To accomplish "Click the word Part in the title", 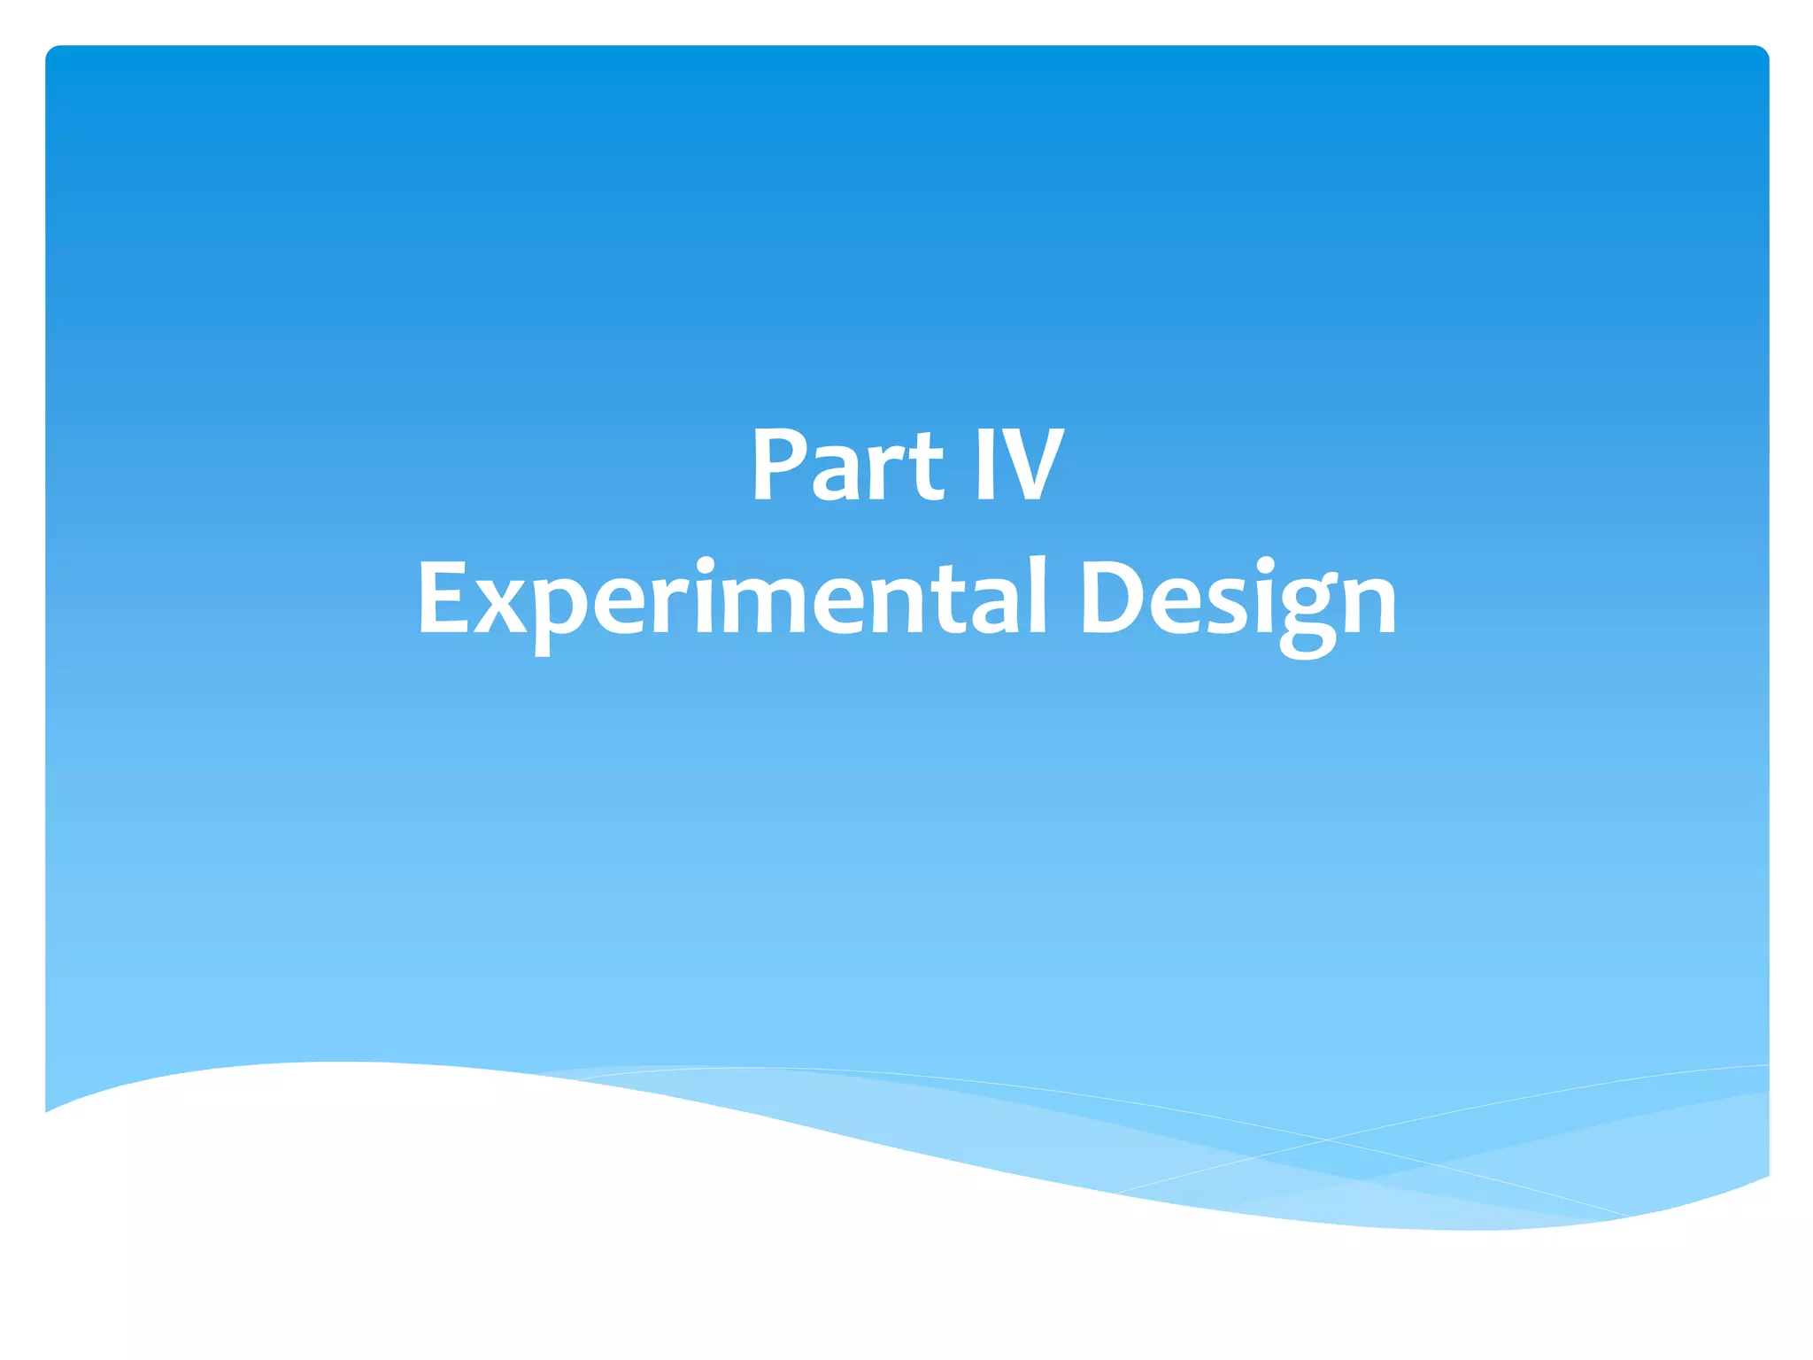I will click(848, 465).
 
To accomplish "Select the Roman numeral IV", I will click(1018, 465).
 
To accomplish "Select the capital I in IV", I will click(984, 465).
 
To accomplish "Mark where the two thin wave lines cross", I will click(1328, 1140).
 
